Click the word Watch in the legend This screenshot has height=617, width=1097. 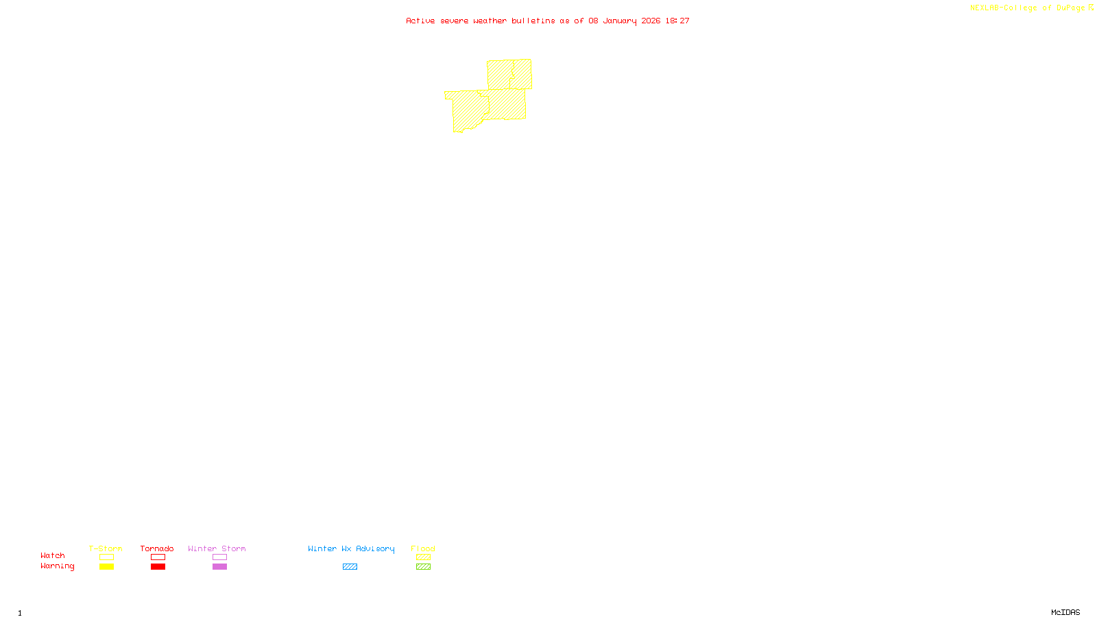pos(53,555)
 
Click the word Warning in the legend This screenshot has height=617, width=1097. pos(57,566)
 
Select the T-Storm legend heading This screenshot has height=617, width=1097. pos(106,548)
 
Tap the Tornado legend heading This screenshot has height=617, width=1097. pos(157,548)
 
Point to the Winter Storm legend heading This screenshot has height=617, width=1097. pos(217,548)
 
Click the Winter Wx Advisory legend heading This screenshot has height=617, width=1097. pos(351,548)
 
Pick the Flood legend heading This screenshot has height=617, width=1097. pos(423,548)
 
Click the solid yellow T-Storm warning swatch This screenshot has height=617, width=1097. pos(106,567)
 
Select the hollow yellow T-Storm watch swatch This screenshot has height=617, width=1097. pos(106,557)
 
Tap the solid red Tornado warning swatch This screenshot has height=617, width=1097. pos(158,567)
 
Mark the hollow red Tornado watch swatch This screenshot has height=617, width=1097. pos(158,557)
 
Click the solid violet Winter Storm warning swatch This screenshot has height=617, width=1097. pos(219,567)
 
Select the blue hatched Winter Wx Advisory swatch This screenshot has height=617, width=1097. pos(350,567)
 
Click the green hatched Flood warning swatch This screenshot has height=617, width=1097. pos(423,567)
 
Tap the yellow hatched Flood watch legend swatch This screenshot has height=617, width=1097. pos(423,557)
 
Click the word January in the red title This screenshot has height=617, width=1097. pos(620,21)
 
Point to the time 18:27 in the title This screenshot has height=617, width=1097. pos(677,21)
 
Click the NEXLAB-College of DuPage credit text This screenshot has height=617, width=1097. pos(1027,8)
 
